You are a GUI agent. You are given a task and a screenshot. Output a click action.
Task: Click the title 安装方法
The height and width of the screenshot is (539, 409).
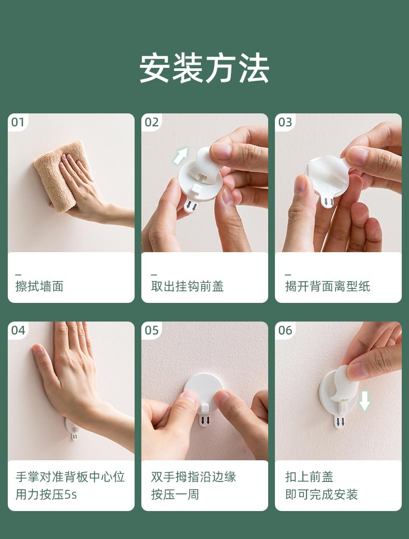204,68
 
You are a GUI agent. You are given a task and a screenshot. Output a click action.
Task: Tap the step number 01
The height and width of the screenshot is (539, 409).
18,122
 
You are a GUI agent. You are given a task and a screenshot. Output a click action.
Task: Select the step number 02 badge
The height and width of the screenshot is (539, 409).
152,122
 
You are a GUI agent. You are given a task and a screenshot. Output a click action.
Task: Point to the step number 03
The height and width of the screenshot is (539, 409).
285,122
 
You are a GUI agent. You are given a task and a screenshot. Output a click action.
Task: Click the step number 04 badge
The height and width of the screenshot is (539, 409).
18,330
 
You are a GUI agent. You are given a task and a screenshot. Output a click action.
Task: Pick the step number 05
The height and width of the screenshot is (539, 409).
152,330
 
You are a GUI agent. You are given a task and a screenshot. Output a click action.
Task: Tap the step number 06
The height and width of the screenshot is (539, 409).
285,330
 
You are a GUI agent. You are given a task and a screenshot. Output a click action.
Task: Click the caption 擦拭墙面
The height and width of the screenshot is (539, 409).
39,286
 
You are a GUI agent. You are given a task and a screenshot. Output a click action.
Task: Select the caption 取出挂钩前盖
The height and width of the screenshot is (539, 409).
187,286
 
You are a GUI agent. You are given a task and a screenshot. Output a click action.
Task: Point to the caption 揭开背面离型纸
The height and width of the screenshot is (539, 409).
328,286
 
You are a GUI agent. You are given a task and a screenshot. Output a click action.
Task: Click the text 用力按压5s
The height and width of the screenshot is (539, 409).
46,494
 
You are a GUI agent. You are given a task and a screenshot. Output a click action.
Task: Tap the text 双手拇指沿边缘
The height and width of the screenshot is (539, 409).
194,477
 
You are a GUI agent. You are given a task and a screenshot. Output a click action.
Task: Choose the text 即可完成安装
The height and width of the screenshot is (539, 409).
322,494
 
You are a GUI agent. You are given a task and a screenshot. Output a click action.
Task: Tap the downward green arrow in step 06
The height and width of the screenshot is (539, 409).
364,401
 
